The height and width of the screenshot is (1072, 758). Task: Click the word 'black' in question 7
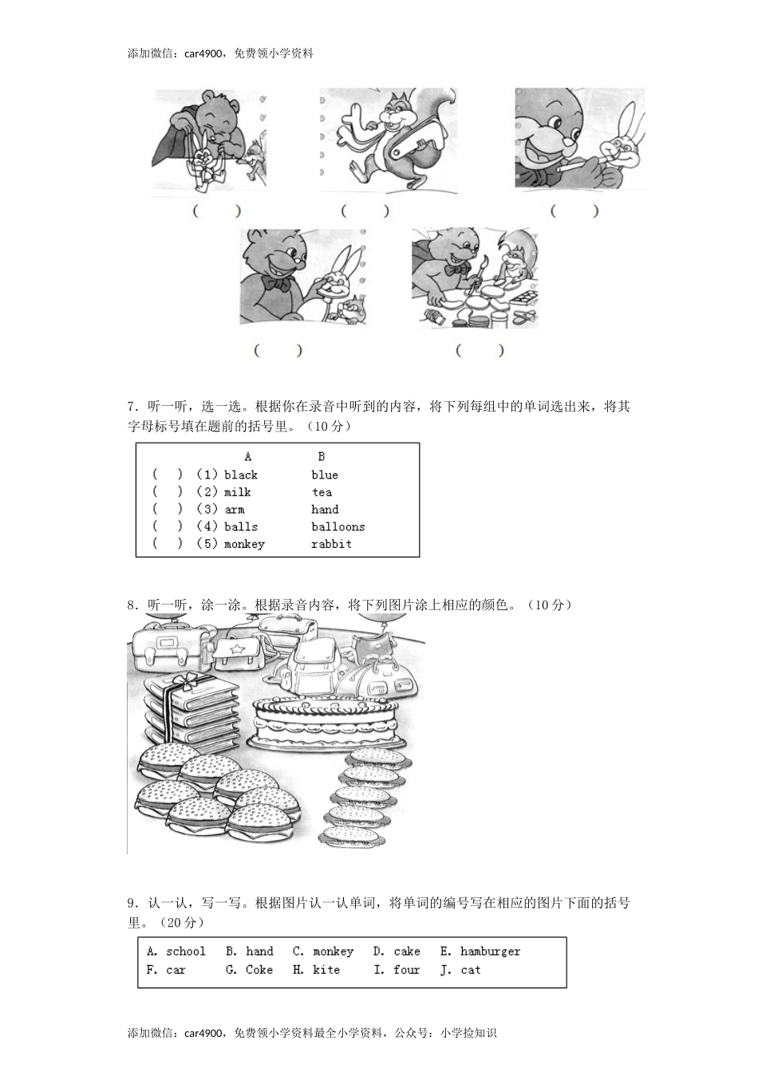point(240,475)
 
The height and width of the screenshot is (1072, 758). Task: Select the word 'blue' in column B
point(325,475)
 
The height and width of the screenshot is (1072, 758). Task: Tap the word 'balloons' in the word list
point(338,526)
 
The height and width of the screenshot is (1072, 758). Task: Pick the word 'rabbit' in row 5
point(331,544)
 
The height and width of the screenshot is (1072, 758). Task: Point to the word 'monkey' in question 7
point(244,544)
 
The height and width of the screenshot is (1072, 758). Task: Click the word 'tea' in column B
point(322,492)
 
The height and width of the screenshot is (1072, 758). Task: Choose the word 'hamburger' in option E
point(490,952)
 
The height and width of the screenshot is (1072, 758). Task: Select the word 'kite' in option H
point(326,970)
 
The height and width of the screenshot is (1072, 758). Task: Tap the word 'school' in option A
point(186,952)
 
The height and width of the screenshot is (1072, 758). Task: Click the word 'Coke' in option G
point(259,970)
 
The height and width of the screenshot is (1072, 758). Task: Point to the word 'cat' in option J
point(471,970)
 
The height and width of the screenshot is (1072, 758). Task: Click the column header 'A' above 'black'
point(248,457)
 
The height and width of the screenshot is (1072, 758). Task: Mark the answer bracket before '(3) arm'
point(168,509)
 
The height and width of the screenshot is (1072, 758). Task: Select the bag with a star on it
point(237,651)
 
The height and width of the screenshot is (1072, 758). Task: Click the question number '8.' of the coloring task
point(132,605)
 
